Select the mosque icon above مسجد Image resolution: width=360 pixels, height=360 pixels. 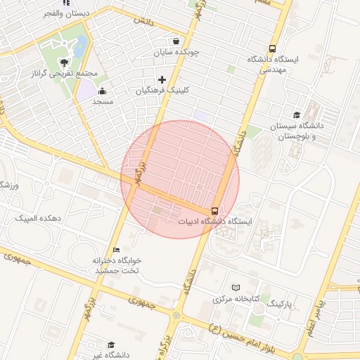[103, 90]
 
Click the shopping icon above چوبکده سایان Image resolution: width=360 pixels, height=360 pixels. [176, 40]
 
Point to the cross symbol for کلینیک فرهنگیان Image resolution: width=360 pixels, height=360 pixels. [162, 79]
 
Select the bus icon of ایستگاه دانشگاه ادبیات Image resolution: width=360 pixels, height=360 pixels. [214, 210]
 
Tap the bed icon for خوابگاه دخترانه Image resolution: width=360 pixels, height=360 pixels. [117, 250]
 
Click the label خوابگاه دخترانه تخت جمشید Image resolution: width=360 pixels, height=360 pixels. [117, 265]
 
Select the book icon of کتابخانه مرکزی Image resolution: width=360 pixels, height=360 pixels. [236, 288]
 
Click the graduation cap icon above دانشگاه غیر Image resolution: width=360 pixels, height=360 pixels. [111, 345]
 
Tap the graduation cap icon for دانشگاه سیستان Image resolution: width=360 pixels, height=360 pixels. [297, 115]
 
